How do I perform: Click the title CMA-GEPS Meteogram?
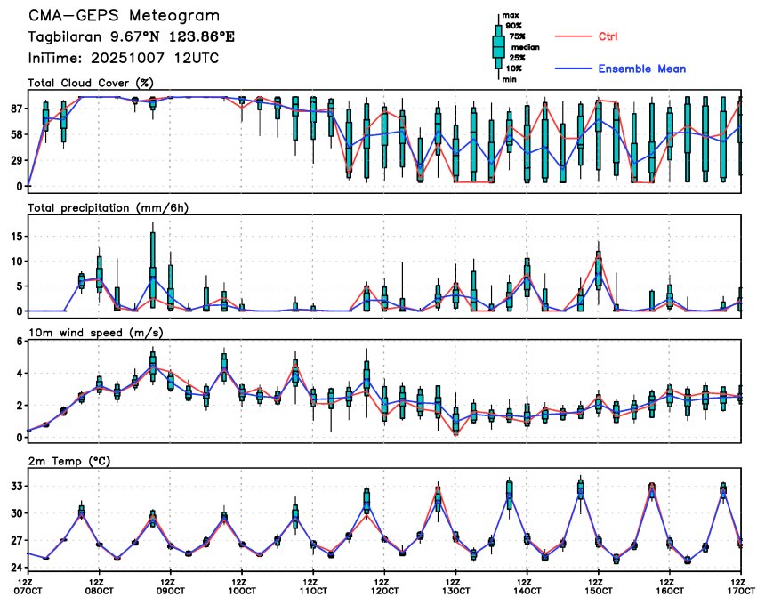125,16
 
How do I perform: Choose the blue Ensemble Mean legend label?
641,69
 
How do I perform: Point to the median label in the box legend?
519,49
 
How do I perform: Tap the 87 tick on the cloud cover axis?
16,109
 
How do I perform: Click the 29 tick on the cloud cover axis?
16,160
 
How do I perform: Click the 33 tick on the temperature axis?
16,487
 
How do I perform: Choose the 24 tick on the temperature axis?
16,567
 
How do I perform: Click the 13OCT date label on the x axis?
455,590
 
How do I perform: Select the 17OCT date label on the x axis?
740,590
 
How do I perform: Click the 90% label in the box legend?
513,26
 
